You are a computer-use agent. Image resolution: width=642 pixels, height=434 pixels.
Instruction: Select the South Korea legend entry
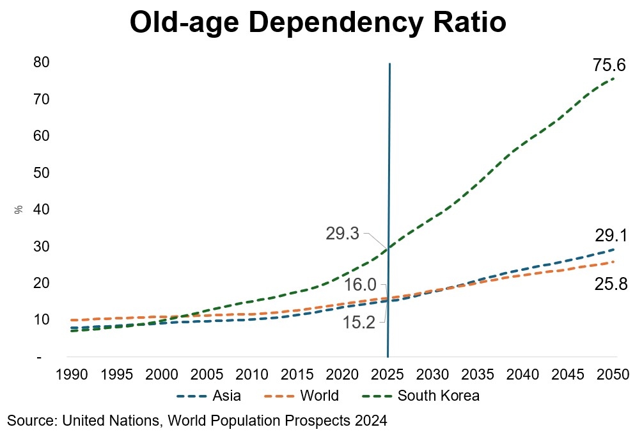(439, 396)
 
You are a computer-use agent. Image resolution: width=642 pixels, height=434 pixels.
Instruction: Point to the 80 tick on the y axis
(42, 63)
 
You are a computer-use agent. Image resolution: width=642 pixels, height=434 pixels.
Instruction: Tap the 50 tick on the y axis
(42, 173)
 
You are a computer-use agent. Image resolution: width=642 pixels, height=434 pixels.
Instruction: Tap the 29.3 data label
(343, 234)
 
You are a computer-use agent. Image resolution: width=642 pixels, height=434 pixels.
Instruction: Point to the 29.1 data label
(611, 236)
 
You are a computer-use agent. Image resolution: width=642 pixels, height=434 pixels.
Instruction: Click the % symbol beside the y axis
(19, 210)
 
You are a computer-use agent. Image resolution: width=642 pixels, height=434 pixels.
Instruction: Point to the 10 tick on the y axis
(42, 319)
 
